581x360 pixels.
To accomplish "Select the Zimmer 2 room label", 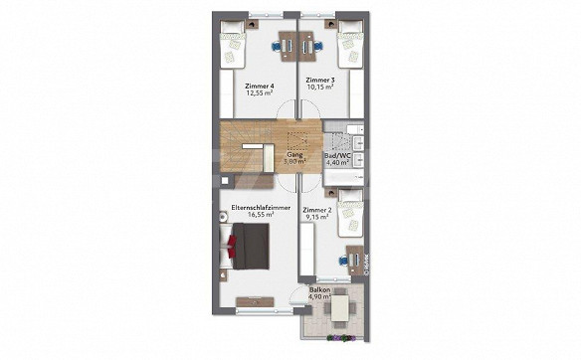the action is tap(316, 211).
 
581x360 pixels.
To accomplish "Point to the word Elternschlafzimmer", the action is tap(261, 208).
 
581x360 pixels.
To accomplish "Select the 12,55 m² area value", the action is tap(260, 92).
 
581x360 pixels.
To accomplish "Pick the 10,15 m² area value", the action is tap(320, 88).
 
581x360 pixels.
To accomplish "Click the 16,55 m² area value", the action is tap(261, 215).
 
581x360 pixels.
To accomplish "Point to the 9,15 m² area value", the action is tap(317, 217).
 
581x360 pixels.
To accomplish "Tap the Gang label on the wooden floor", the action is tap(294, 155).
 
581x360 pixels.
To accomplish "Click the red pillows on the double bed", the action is tap(233, 246).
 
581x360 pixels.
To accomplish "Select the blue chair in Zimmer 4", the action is tap(277, 46).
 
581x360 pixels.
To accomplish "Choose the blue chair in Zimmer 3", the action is tap(318, 46).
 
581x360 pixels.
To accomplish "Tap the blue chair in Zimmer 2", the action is tap(343, 261).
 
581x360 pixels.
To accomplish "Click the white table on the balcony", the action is tap(340, 308).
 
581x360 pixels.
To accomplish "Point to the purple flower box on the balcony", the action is tap(341, 337).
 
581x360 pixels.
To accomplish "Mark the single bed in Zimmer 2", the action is tap(350, 213).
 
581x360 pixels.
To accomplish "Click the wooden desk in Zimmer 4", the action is tap(288, 46).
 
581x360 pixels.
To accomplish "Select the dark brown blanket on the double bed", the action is tap(250, 246).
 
